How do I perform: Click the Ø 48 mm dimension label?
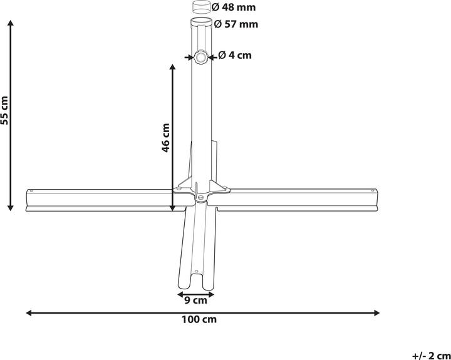pyautogui.click(x=234, y=8)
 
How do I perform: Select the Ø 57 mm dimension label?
pyautogui.click(x=236, y=24)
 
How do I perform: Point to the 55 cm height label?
pyautogui.click(x=6, y=111)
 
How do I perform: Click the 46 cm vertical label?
pyautogui.click(x=166, y=138)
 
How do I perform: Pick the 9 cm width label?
pyautogui.click(x=196, y=301)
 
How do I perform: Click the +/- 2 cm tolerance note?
pyautogui.click(x=431, y=355)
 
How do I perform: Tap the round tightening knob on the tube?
pyautogui.click(x=201, y=58)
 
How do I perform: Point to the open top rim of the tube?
pyautogui.click(x=202, y=23)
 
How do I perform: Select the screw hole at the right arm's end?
pyautogui.click(x=374, y=191)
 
